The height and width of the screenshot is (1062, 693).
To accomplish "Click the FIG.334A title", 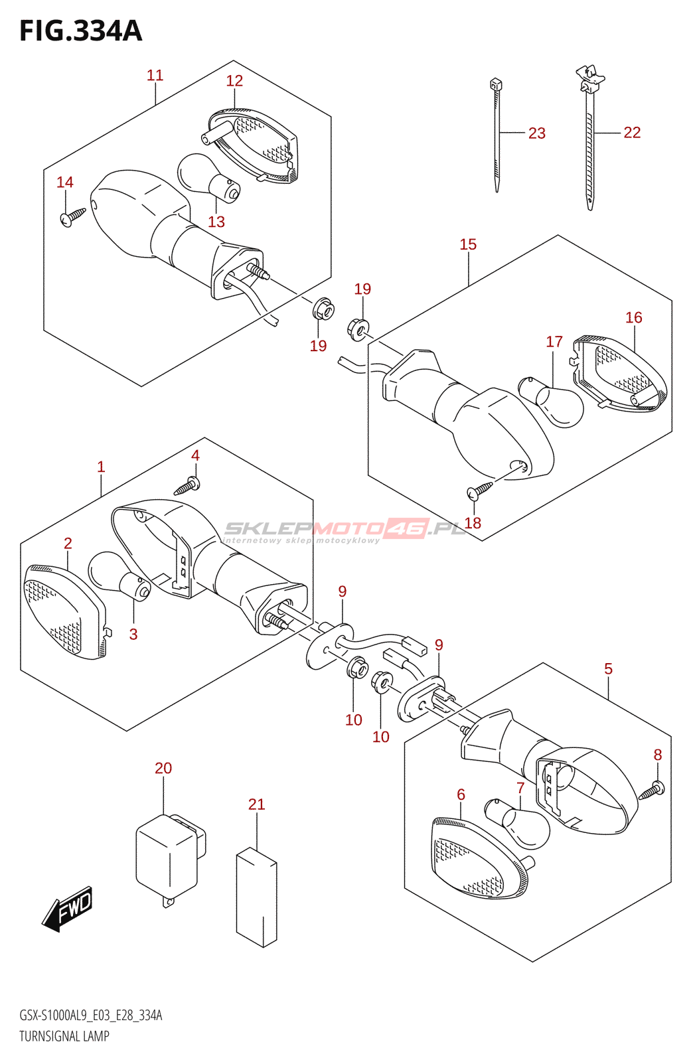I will [80, 31].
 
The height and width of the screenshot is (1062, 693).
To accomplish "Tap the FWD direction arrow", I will [68, 907].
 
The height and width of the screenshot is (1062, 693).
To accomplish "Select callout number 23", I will [536, 133].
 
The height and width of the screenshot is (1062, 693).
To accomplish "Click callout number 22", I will [631, 133].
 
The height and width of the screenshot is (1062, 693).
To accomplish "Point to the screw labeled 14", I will [72, 216].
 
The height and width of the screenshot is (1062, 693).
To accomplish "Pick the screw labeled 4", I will [187, 487].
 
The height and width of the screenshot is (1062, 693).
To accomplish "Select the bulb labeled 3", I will [119, 575].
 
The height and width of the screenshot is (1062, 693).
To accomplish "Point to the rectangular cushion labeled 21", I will [256, 896].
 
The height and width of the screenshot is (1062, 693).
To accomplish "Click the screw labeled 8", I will [651, 791].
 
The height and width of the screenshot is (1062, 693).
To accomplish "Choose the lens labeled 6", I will [476, 859].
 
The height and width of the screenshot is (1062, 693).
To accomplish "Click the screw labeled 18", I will [480, 490].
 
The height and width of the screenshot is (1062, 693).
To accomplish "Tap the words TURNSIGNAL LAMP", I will [64, 1036].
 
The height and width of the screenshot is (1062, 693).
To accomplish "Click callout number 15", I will [467, 244].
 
